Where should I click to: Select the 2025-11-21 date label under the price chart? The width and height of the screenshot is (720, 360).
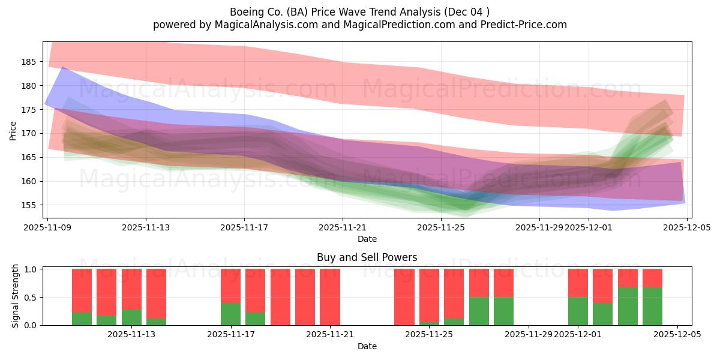point(343,227)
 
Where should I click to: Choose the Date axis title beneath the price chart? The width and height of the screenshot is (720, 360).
point(367,239)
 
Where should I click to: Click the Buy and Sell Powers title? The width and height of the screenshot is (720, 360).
point(367,258)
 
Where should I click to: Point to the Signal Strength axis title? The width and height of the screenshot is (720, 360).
point(16,296)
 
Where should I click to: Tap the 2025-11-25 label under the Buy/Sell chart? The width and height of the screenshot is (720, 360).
point(430,335)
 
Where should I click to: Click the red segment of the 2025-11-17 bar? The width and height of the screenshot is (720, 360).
point(230,286)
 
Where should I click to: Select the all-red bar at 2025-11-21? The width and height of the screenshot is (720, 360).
point(330,297)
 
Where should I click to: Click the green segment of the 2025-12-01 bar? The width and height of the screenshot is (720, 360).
point(578,311)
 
